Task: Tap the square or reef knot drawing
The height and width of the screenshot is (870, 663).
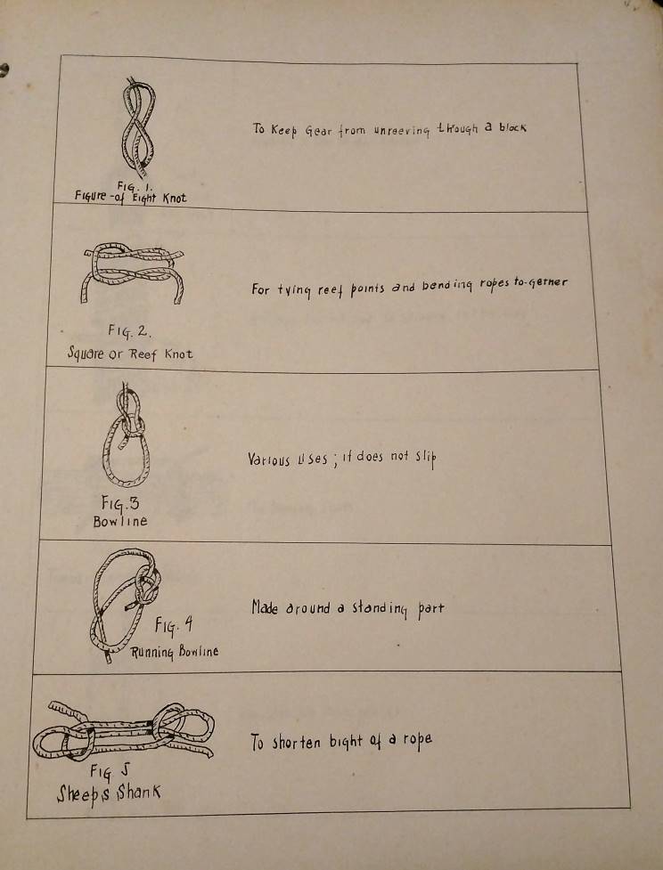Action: tap(132, 272)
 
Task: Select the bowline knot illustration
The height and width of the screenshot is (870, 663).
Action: tap(126, 435)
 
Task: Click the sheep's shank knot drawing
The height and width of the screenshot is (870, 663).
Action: tap(123, 731)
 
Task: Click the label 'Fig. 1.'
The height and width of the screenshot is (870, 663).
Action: tap(130, 186)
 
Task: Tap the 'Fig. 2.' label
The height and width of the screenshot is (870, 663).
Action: tap(129, 332)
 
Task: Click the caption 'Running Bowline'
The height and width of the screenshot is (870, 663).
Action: tap(175, 652)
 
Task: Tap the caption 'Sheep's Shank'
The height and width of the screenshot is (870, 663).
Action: tap(109, 794)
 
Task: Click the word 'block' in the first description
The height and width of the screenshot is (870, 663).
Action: tap(512, 127)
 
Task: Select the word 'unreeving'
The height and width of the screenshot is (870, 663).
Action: tap(402, 130)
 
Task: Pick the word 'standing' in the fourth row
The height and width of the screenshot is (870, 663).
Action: tap(381, 609)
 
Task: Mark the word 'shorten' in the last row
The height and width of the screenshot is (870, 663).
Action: tap(296, 743)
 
